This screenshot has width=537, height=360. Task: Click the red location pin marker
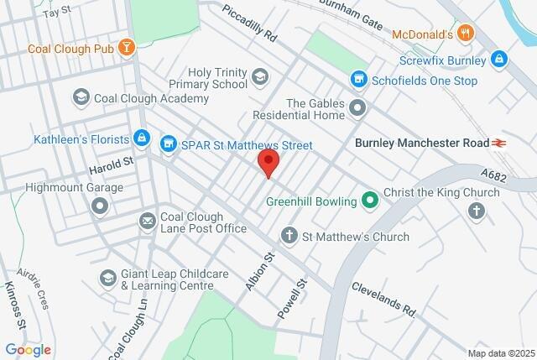(268, 163)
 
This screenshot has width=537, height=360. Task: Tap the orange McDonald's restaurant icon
(467, 34)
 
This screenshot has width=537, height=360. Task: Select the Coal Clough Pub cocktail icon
(127, 48)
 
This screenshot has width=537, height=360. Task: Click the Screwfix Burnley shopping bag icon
(499, 60)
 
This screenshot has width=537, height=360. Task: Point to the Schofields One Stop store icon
(358, 80)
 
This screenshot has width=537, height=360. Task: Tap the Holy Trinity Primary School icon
(260, 78)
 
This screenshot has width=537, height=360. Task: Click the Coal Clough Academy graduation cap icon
(81, 99)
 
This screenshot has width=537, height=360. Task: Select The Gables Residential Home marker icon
(358, 108)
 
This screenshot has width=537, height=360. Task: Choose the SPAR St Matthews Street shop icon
(169, 145)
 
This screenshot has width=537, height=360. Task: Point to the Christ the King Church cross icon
(477, 209)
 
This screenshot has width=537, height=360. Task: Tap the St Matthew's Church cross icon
(290, 237)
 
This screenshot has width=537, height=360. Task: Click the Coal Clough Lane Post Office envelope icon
(148, 221)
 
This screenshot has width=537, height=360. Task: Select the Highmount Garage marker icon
(101, 205)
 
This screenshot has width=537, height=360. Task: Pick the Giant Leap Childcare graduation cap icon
(107, 278)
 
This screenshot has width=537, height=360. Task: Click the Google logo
(28, 349)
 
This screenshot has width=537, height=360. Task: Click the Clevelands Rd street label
(383, 298)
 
